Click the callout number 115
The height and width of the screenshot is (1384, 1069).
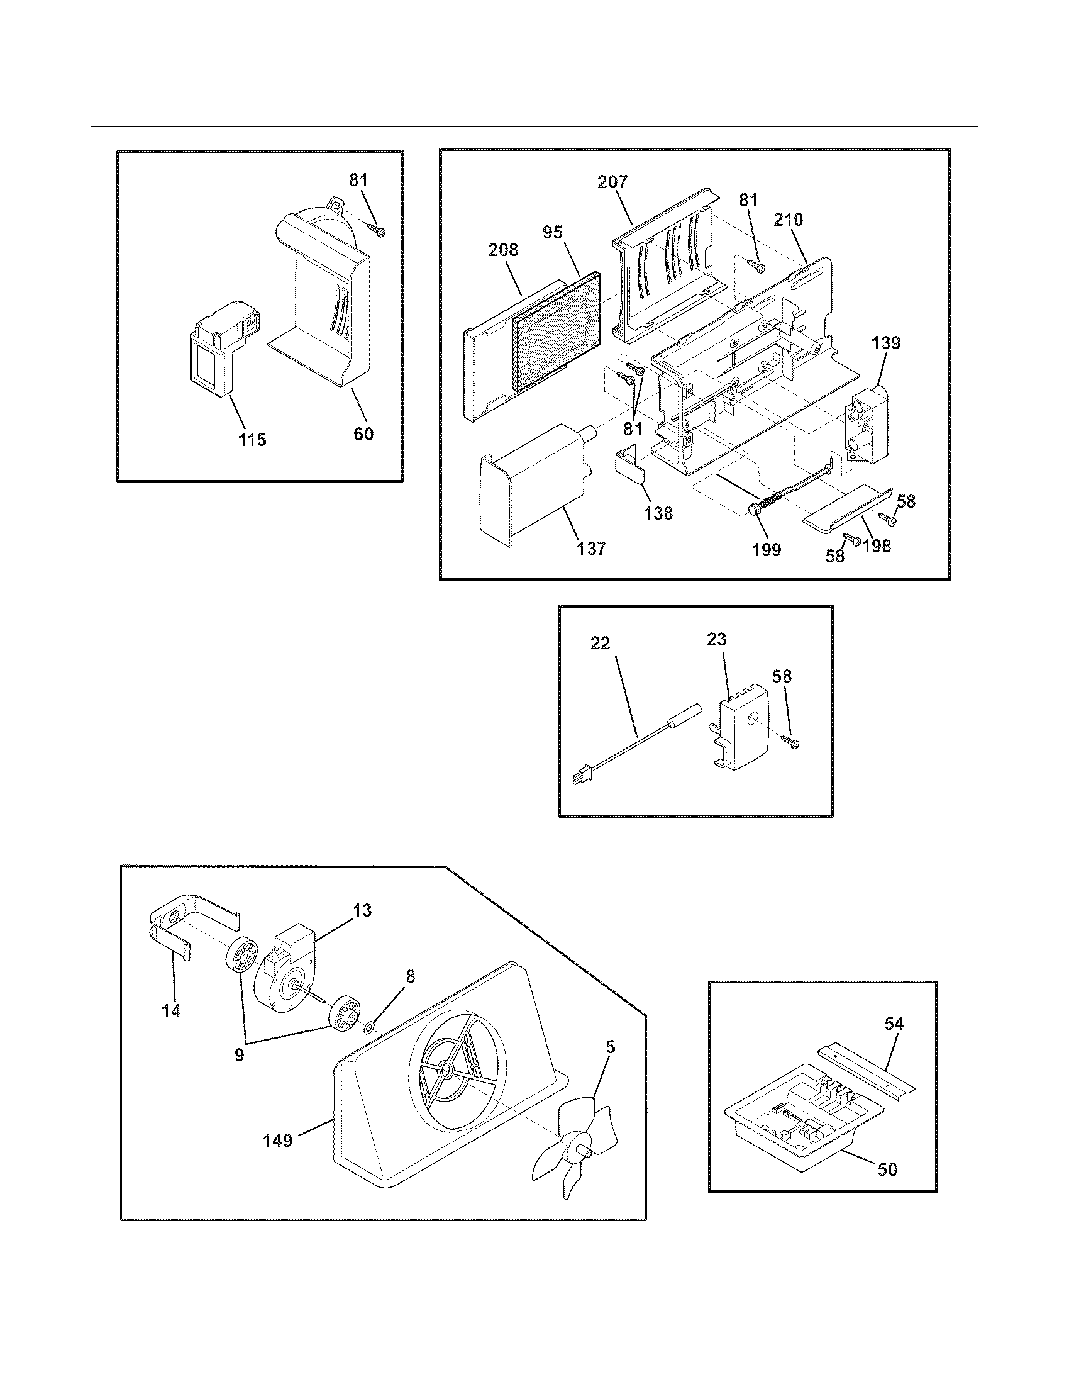coord(252,439)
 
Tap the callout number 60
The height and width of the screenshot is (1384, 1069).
coord(363,434)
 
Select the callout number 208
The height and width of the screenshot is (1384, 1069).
coord(503,250)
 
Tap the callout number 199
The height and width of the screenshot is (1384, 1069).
coord(767,549)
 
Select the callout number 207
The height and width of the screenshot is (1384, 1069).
coord(612,182)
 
